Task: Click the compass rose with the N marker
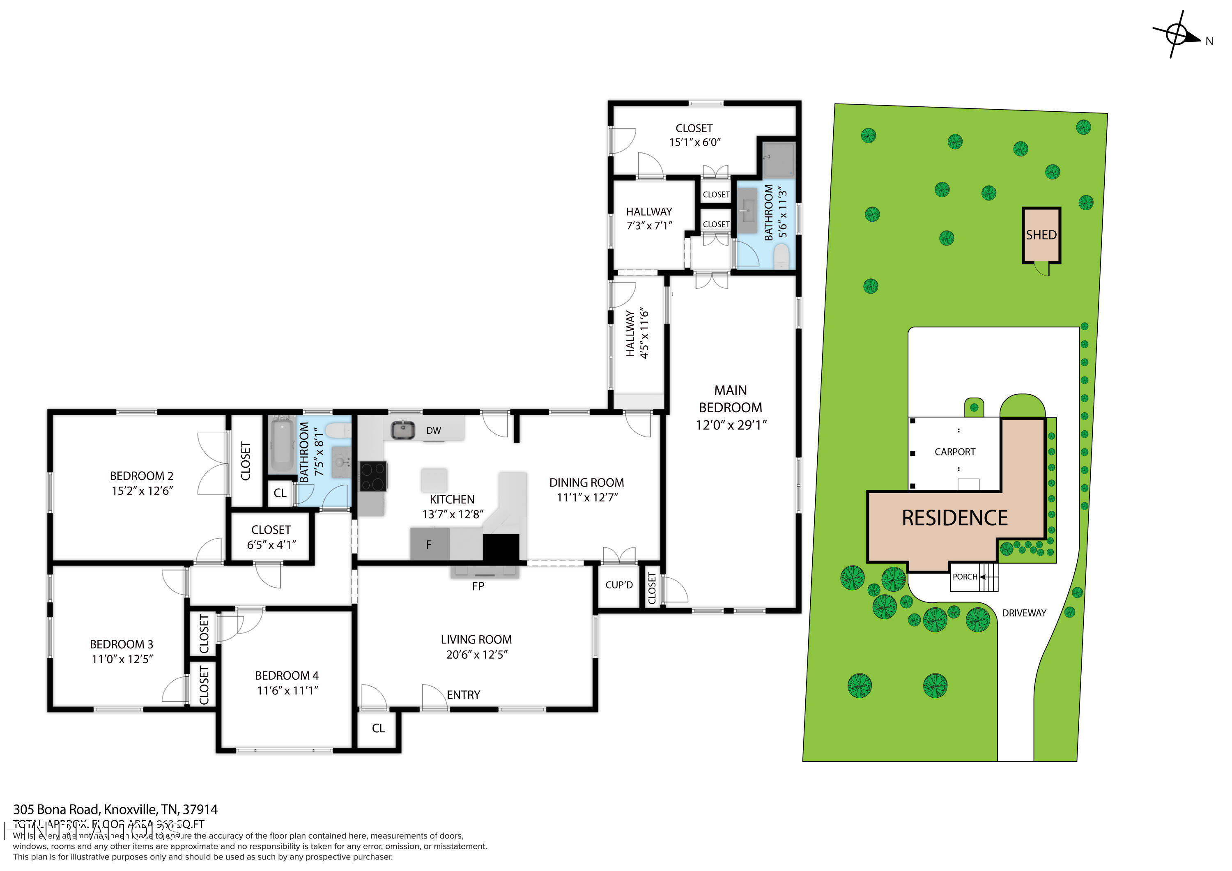(1177, 34)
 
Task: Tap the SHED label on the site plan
(1041, 235)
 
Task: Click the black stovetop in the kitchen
(372, 476)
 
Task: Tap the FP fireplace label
(478, 586)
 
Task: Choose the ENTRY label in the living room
(463, 695)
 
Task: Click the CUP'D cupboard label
(619, 585)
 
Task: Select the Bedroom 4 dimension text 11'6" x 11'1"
(287, 691)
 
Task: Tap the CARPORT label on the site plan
(954, 452)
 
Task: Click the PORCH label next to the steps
(964, 577)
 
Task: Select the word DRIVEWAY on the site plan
(1024, 613)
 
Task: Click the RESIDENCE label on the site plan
(954, 518)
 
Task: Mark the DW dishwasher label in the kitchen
(434, 430)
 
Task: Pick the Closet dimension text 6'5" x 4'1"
(271, 545)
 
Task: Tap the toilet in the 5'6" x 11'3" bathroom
(782, 256)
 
